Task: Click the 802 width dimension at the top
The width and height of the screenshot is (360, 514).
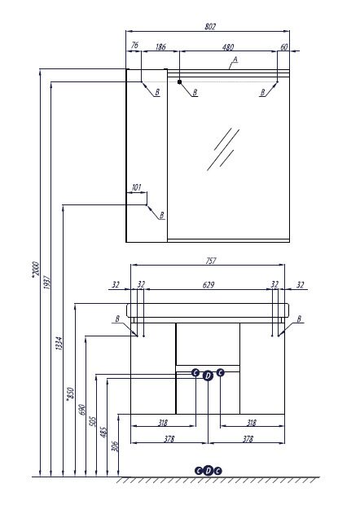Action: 210,27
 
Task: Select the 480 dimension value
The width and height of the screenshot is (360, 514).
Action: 228,47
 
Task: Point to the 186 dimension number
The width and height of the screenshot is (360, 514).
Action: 160,47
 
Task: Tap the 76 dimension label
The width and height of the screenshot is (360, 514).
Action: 134,46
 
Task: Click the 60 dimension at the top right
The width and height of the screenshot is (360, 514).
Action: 284,47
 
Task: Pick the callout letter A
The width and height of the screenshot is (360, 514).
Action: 235,59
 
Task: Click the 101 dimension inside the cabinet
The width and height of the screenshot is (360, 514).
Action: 136,187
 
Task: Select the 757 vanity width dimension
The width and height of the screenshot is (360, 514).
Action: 210,261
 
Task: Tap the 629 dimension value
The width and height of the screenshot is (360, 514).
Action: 209,285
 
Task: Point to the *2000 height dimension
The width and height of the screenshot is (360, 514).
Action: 35,270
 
